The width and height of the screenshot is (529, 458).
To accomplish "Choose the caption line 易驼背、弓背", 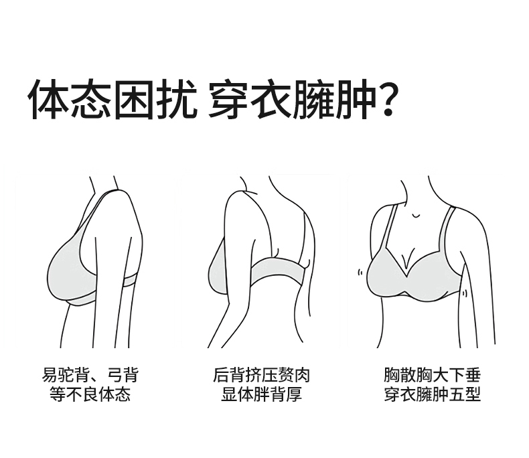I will pos(90,376).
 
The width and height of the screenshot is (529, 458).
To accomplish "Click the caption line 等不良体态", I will pos(90,394).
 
